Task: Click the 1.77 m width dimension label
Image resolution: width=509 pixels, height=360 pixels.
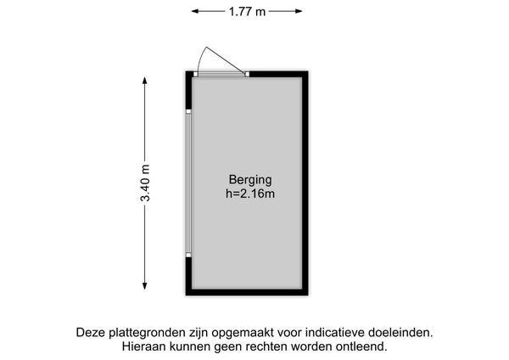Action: [x=247, y=12]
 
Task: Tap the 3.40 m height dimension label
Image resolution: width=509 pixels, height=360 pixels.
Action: [x=145, y=183]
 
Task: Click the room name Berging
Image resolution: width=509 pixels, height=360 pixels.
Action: [x=250, y=180]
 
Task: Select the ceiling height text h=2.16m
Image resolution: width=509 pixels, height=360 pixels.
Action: [x=250, y=194]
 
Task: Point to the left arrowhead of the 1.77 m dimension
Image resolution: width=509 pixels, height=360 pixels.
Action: [x=195, y=11]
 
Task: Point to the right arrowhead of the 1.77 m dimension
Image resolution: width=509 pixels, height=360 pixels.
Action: [x=299, y=11]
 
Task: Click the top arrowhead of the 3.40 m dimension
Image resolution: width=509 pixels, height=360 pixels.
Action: [x=145, y=81]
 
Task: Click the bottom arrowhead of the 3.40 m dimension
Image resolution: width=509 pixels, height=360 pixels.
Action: [x=145, y=285]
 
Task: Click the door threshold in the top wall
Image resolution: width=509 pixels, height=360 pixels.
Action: [x=221, y=75]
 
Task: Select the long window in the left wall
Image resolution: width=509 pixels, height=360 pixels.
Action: [x=188, y=183]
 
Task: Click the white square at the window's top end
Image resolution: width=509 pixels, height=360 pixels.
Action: [x=188, y=111]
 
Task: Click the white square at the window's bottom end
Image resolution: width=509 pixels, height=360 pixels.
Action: [x=188, y=255]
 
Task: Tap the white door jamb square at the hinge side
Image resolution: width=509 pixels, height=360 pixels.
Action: [x=195, y=74]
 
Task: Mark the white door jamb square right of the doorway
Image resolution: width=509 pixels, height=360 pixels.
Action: [x=247, y=74]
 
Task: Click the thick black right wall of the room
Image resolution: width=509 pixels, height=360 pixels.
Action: [x=305, y=183]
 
